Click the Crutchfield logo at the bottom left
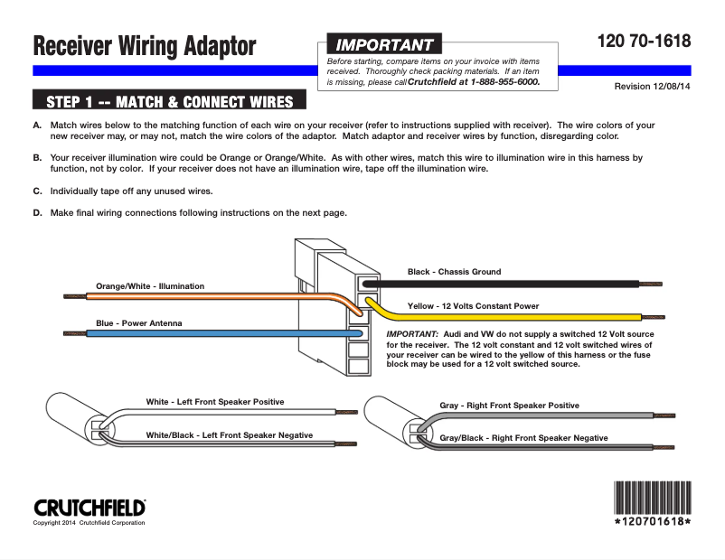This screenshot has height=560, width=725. [89, 508]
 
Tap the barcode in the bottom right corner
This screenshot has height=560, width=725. [653, 498]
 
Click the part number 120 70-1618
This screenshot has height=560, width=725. [644, 41]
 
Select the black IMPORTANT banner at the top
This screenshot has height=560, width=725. [384, 44]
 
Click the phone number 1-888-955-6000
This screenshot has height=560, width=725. [505, 82]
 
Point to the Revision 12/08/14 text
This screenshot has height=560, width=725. [652, 87]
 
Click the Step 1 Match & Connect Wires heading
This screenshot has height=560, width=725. [169, 102]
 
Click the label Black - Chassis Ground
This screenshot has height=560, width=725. [454, 272]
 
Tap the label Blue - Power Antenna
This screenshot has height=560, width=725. [138, 323]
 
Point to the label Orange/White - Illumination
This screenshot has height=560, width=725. [150, 286]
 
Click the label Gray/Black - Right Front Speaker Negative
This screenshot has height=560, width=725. [523, 438]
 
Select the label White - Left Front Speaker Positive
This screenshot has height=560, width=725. [215, 402]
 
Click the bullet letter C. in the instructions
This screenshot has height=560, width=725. [37, 191]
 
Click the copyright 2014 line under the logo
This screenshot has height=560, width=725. [89, 523]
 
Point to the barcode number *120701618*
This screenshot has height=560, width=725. [653, 522]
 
